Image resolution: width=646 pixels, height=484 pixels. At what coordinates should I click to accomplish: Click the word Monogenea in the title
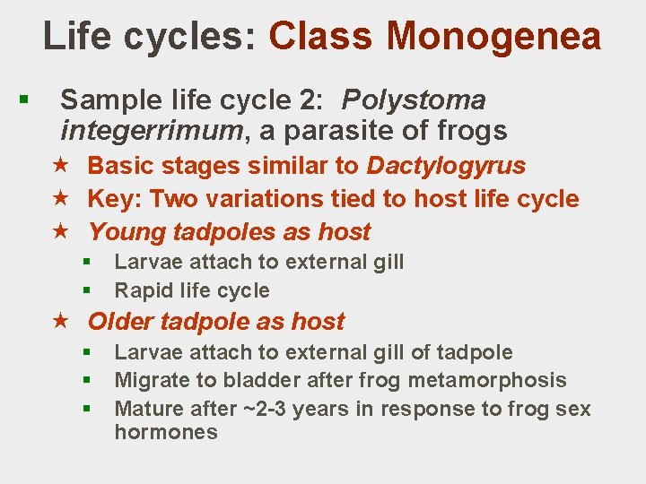point(493,37)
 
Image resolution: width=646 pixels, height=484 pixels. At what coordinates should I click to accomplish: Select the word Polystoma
point(414,99)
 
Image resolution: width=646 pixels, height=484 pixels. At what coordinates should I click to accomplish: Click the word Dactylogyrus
point(446,166)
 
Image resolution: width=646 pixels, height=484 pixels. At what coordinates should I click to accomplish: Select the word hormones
point(166,432)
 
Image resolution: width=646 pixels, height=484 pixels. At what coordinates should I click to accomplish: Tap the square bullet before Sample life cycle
point(31,100)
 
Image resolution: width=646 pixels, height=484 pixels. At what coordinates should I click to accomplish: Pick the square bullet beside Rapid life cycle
point(88,290)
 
